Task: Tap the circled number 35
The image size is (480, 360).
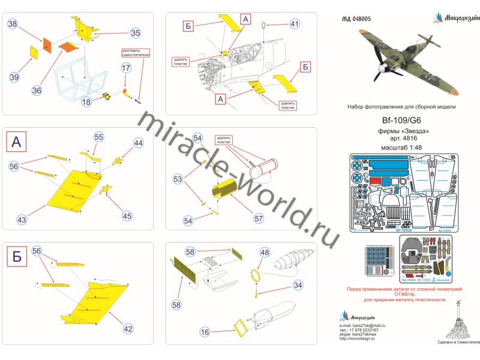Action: pyautogui.click(x=135, y=33)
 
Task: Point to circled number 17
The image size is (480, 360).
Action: pyautogui.click(x=125, y=68)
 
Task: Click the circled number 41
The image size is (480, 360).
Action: pyautogui.click(x=293, y=24)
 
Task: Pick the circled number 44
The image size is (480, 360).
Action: pyautogui.click(x=139, y=143)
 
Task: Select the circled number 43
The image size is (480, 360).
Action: pyautogui.click(x=22, y=220)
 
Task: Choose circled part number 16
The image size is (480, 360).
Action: pyautogui.click(x=205, y=331)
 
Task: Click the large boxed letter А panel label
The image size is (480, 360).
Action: pyautogui.click(x=17, y=142)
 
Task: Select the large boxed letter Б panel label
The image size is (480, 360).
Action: pyautogui.click(x=17, y=258)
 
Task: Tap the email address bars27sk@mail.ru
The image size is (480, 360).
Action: pyautogui.click(x=368, y=325)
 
